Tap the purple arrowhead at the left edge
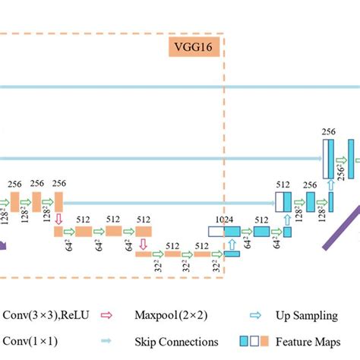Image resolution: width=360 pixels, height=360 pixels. pos(4,242)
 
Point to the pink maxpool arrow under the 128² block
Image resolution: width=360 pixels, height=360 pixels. pos(58,218)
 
